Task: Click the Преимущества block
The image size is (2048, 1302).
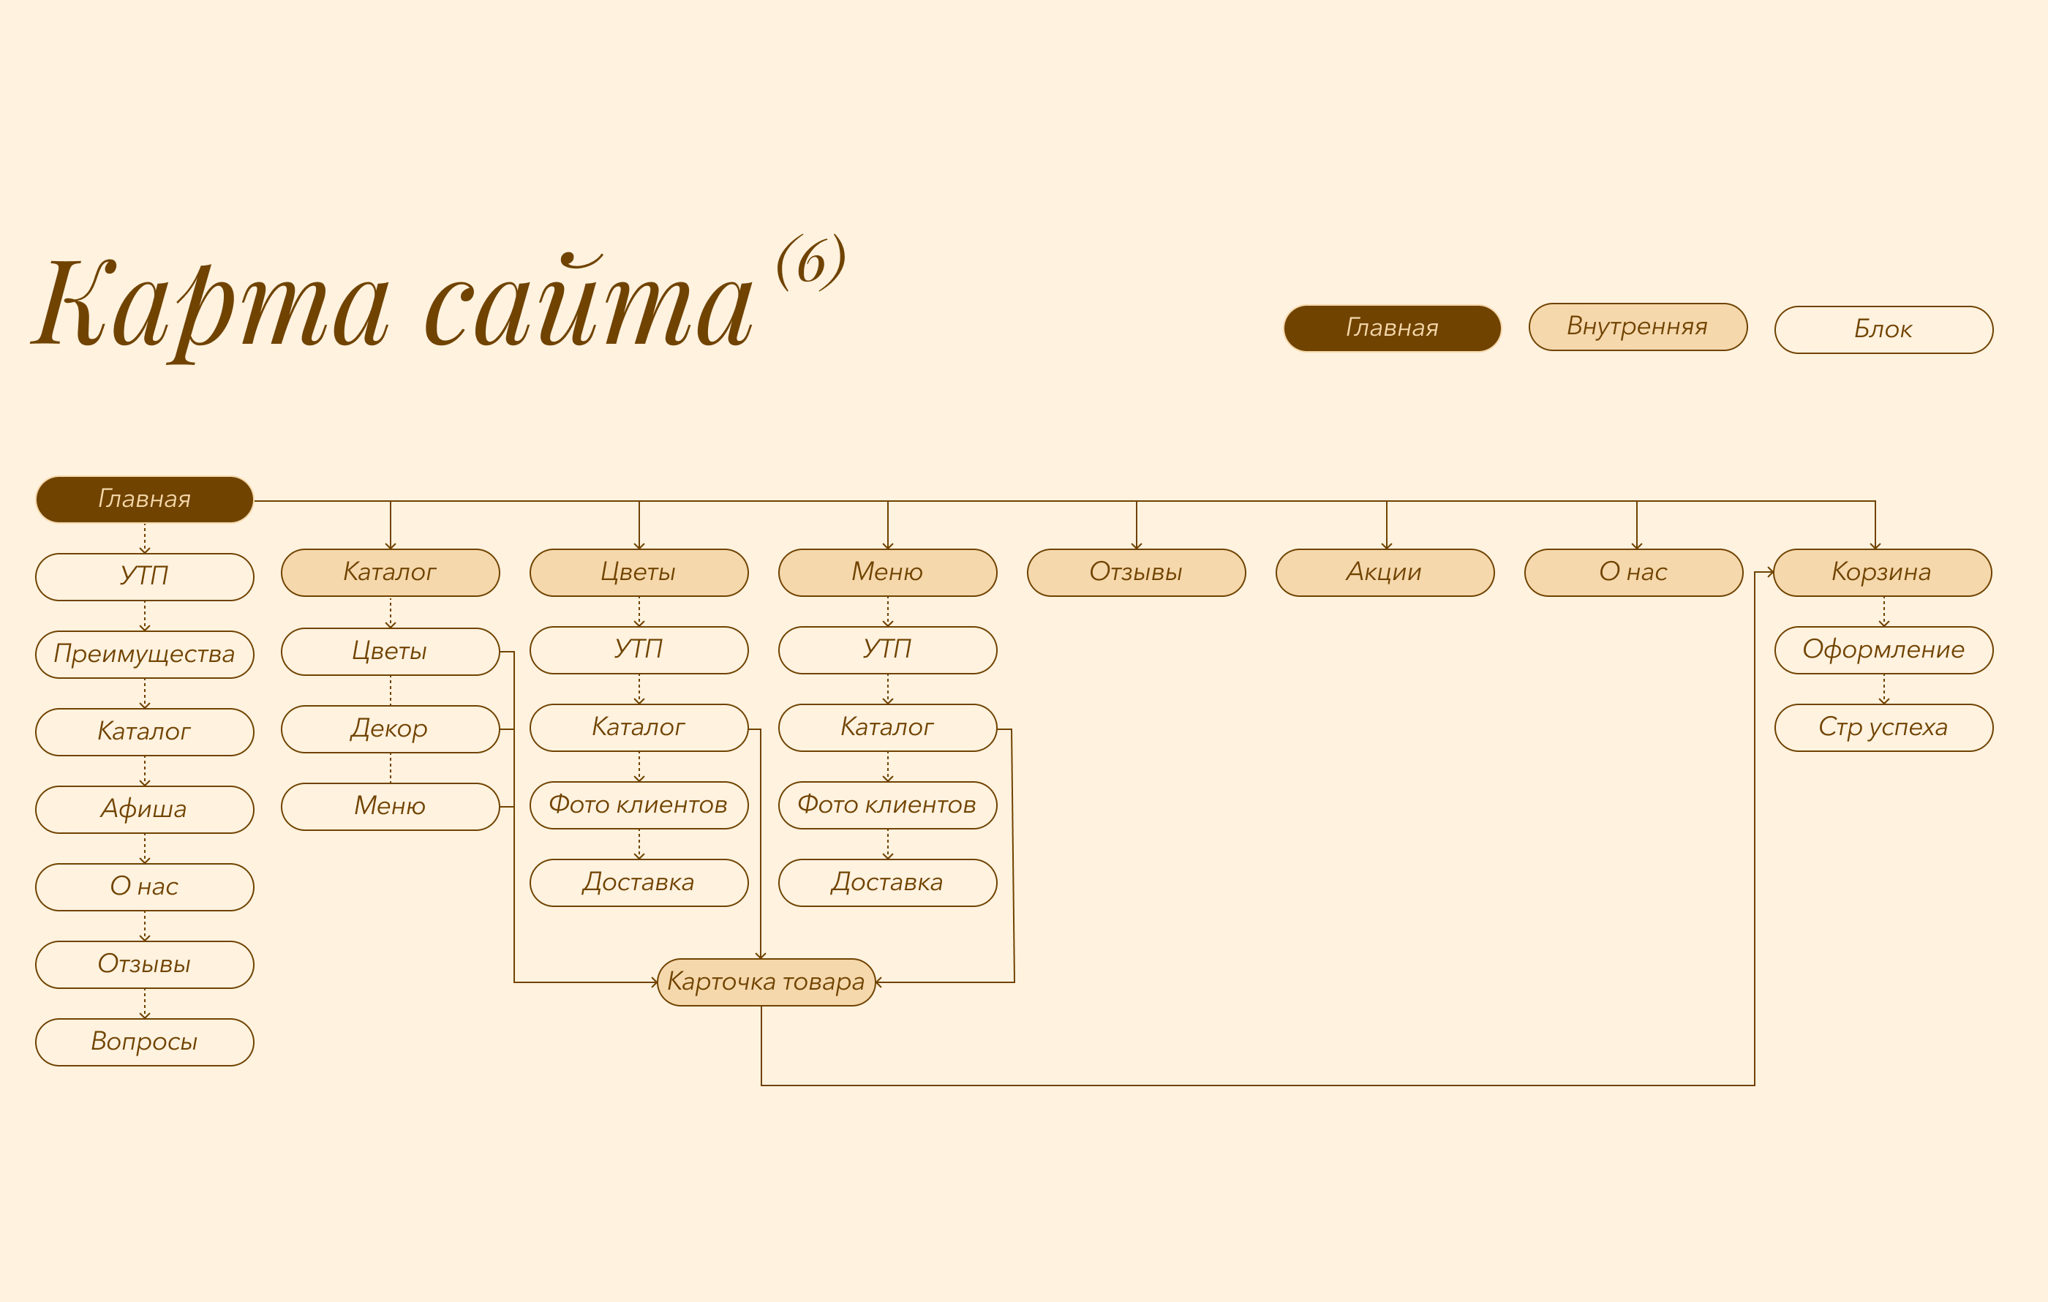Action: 145,654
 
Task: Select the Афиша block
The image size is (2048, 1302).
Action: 145,809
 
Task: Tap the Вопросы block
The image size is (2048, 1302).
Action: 145,1042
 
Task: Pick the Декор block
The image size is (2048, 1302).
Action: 390,729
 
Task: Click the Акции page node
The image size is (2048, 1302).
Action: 1385,572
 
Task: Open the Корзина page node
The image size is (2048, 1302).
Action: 1882,572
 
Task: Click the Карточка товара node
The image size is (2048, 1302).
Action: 767,982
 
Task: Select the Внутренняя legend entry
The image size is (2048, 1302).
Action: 1637,326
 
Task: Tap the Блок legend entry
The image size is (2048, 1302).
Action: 1883,329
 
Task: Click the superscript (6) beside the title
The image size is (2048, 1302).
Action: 810,262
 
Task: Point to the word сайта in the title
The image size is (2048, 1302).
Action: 589,306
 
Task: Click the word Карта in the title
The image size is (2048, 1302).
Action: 213,306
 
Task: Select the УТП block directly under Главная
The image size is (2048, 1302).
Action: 145,576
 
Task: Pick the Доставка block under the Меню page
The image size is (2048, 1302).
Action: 887,883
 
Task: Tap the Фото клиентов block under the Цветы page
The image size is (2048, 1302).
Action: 639,805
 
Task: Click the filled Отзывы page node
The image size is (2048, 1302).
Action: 1136,572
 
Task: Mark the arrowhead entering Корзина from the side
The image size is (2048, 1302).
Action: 1770,572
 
